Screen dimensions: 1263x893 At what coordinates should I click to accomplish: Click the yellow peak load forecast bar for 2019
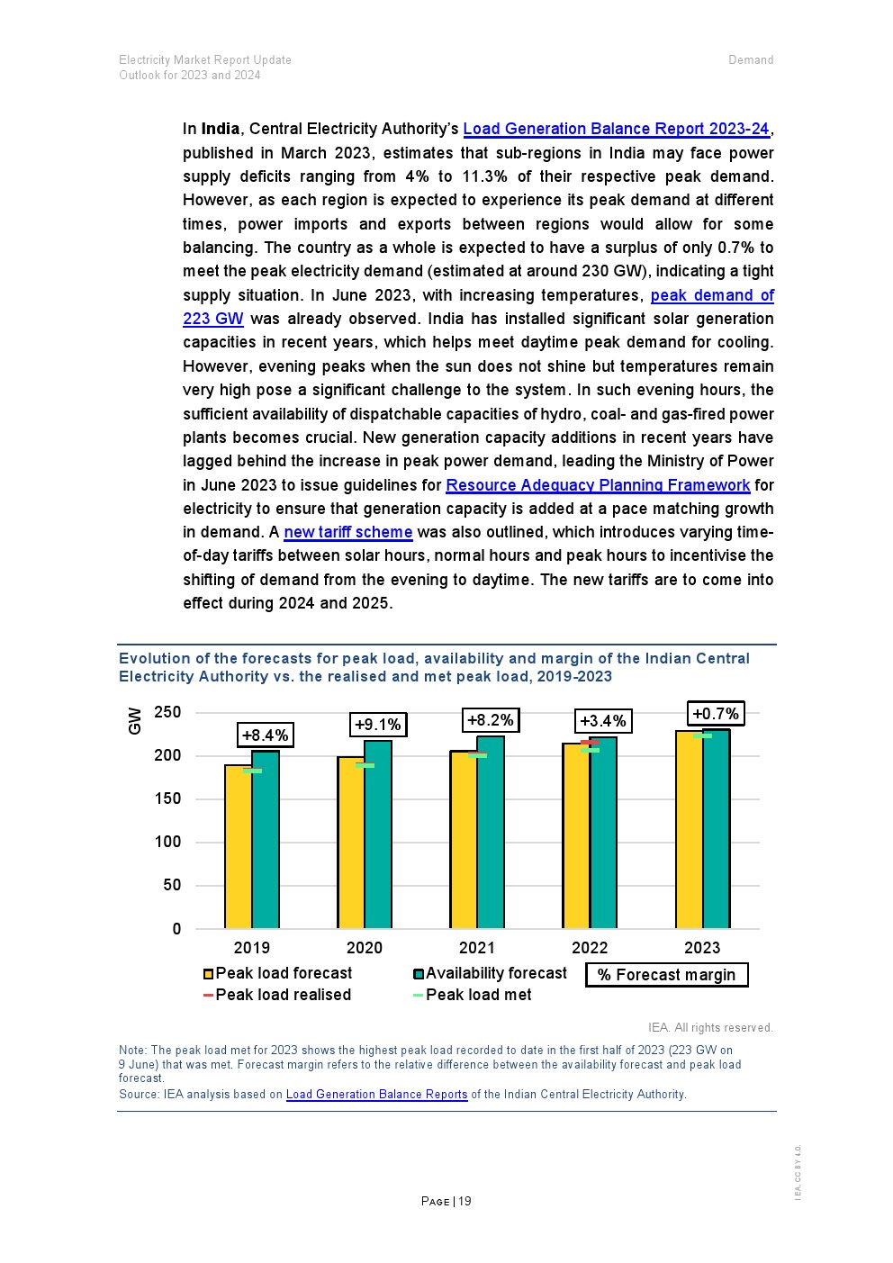pos(239,846)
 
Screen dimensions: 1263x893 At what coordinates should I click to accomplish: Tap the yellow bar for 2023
pos(690,829)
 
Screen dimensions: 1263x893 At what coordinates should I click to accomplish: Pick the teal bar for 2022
pos(604,833)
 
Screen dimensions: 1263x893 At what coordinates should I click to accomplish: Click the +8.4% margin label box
pos(266,735)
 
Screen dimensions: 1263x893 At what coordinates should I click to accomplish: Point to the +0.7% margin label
pos(716,714)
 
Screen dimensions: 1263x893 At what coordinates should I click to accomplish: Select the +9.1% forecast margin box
pos(378,725)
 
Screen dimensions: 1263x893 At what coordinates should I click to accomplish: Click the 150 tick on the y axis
pos(167,798)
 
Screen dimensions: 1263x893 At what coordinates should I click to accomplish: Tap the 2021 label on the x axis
pos(477,948)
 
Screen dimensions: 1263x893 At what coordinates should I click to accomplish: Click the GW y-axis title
pos(135,720)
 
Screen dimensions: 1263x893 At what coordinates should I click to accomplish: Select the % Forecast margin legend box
pos(667,975)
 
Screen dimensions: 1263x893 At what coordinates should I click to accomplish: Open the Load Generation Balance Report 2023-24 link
pos(617,129)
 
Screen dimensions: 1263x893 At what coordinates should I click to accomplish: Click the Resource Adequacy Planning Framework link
pos(598,485)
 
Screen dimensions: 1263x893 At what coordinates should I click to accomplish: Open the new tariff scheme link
pos(348,532)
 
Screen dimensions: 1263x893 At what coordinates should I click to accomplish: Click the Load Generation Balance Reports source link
pos(376,1095)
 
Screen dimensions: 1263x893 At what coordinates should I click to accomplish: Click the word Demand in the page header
pos(751,59)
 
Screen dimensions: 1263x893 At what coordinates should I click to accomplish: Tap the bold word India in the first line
pos(221,129)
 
